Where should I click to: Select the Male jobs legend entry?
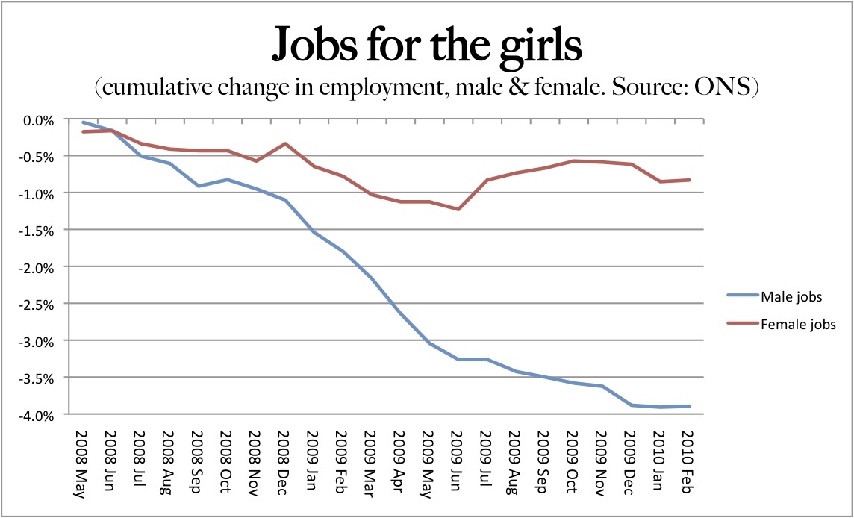[x=791, y=297]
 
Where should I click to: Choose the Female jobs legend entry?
[x=797, y=325]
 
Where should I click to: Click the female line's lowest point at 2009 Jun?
[x=458, y=209]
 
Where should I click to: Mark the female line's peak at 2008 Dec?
[x=284, y=143]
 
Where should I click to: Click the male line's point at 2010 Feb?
[x=688, y=406]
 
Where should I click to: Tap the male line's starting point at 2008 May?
[x=83, y=122]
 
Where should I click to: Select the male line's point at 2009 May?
[x=428, y=343]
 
